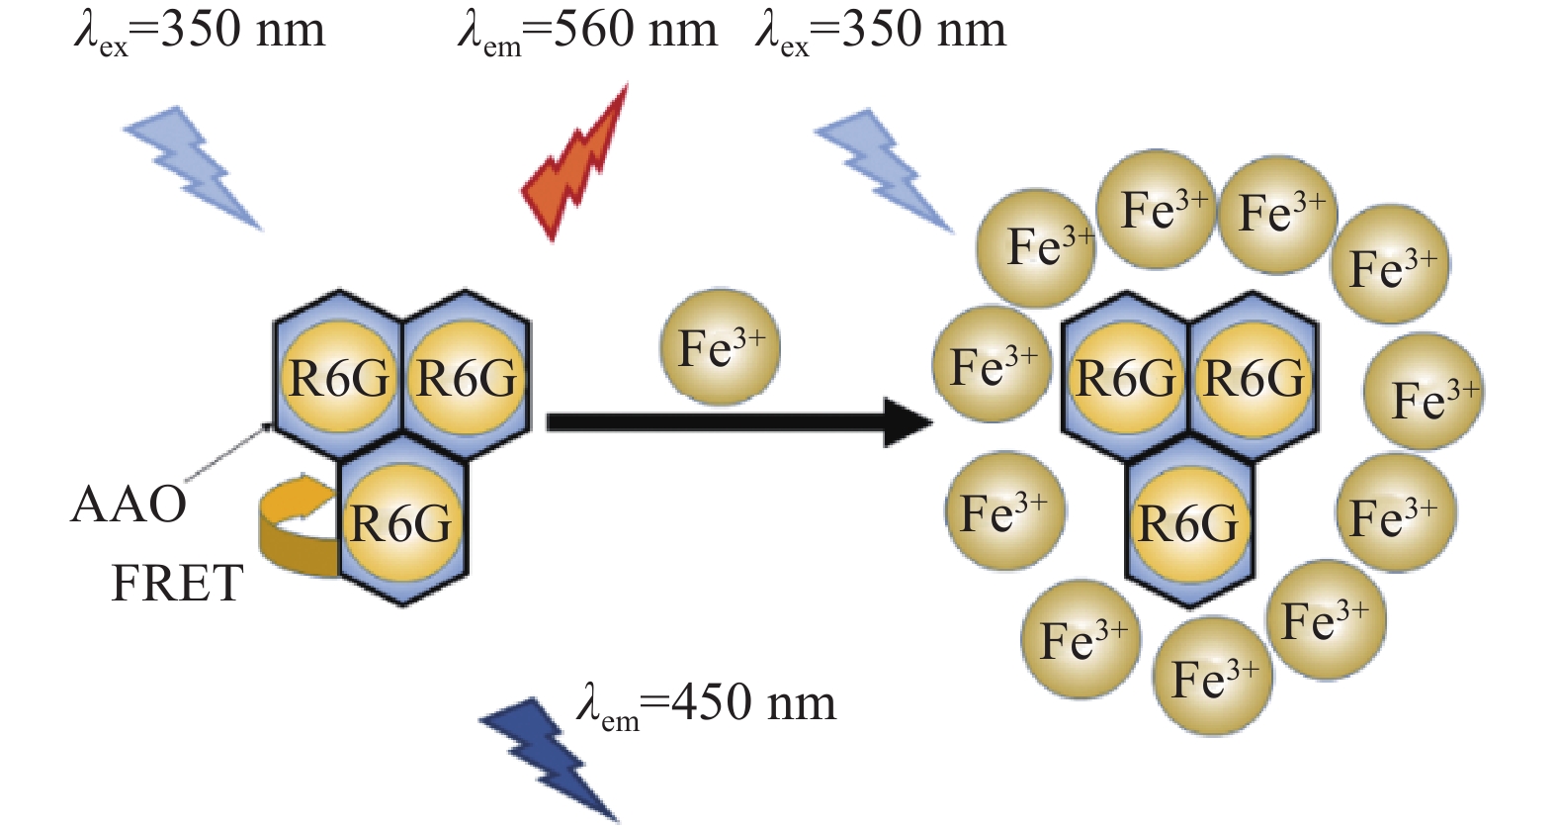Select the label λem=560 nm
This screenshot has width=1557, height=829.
(x=587, y=32)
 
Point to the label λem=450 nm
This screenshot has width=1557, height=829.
(x=706, y=703)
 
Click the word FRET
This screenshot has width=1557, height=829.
(x=178, y=583)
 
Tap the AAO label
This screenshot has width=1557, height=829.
(x=129, y=505)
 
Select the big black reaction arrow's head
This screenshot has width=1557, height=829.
(x=908, y=422)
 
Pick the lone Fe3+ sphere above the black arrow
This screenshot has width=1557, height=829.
(x=720, y=347)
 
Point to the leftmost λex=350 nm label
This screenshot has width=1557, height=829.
(x=200, y=32)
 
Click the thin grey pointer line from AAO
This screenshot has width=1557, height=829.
(x=229, y=451)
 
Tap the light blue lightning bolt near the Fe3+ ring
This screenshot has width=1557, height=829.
(x=884, y=171)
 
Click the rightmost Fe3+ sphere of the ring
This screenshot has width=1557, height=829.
(x=1424, y=392)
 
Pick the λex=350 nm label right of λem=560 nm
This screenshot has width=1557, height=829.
(x=881, y=32)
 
